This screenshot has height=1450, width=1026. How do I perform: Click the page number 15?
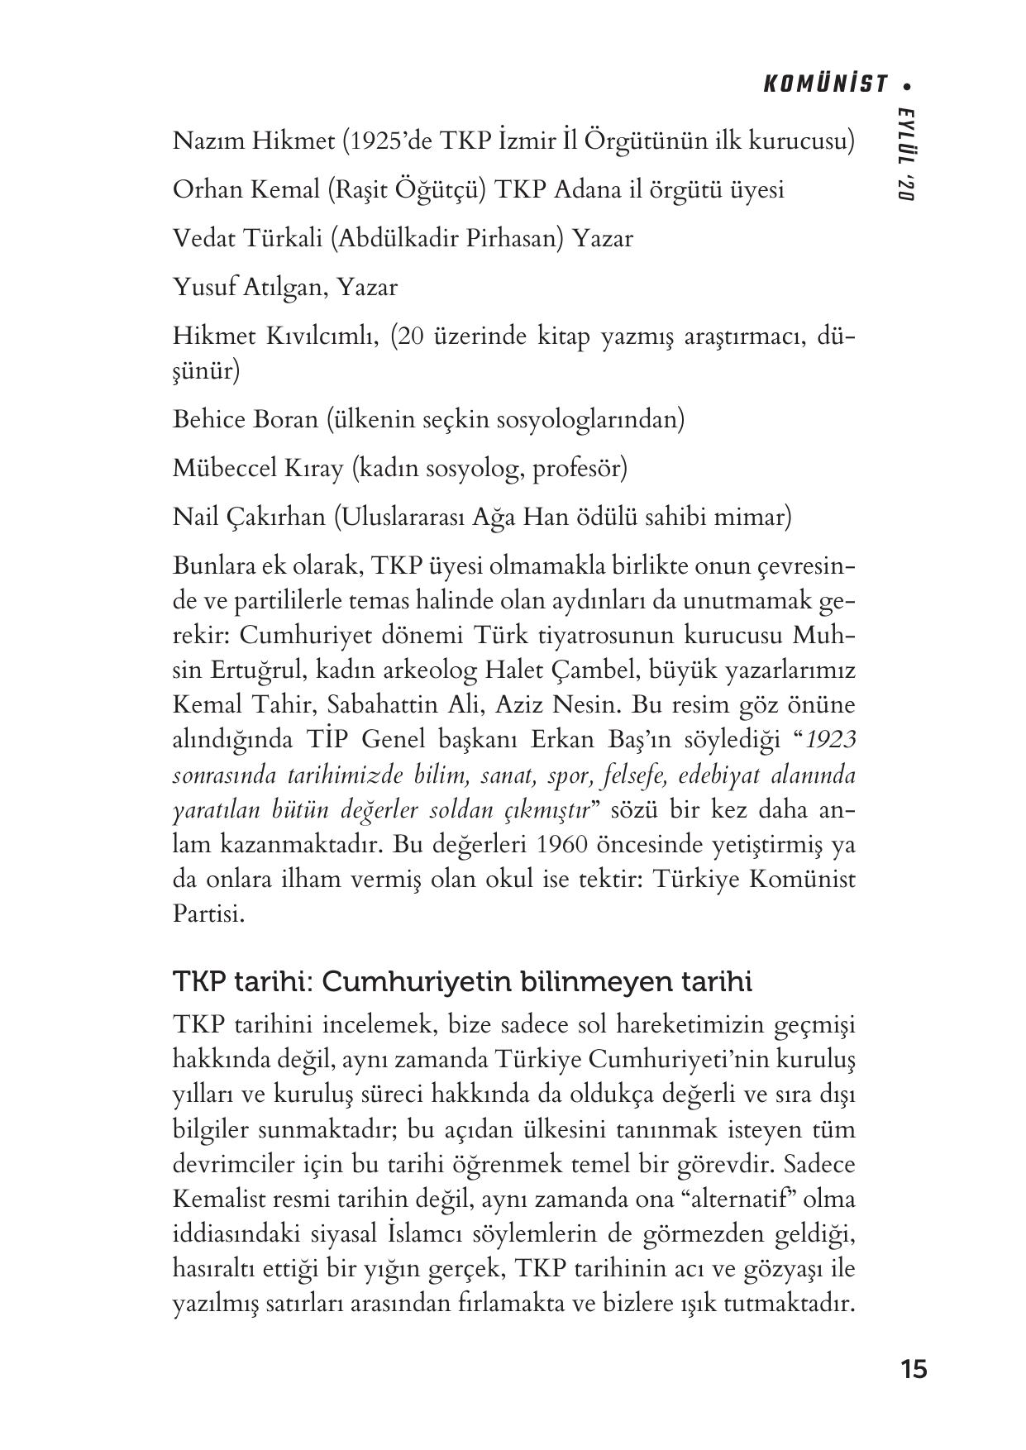(914, 1369)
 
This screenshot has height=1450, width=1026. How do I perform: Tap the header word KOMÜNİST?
(826, 84)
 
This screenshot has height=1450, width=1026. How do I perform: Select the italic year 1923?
(830, 741)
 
